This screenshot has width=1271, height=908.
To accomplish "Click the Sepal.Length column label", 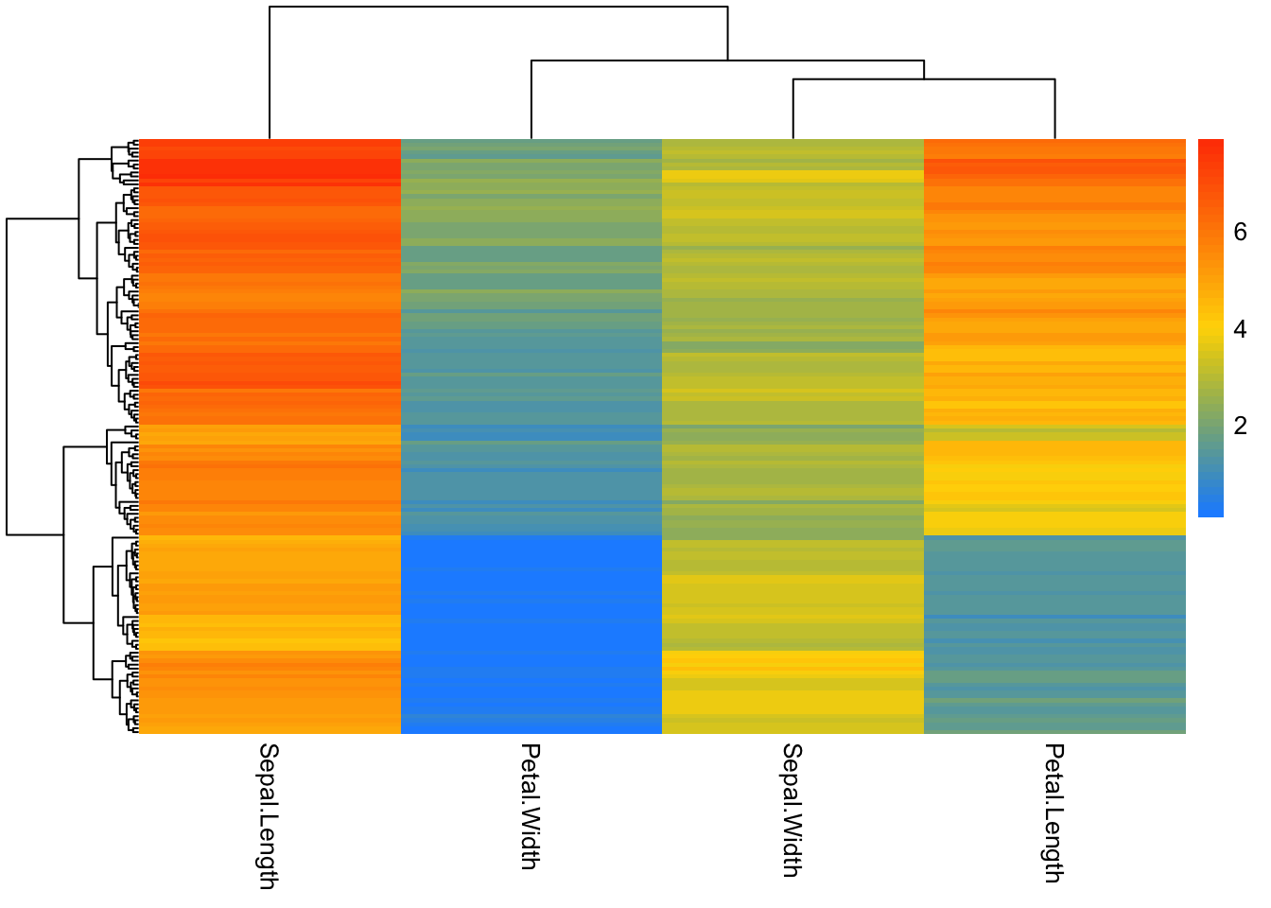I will tap(269, 815).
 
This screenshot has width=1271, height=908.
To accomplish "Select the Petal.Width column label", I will tap(531, 806).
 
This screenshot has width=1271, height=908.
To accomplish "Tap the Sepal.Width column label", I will tap(792, 810).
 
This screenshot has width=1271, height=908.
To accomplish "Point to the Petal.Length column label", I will tap(1053, 812).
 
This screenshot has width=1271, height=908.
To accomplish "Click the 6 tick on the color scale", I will tap(1240, 232).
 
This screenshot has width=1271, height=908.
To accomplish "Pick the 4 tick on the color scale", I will tap(1240, 329).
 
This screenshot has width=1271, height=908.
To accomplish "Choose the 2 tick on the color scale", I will tap(1240, 426).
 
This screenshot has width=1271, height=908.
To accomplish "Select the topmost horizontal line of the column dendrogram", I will tap(498, 8).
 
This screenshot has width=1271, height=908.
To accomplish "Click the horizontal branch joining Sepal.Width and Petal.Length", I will tap(924, 79).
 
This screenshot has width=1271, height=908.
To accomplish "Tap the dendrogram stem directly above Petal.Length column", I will tap(1054, 109).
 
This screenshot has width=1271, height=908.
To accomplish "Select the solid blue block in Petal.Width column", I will tap(531, 634).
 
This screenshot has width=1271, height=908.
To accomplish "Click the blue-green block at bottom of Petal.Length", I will tap(1054, 634).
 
